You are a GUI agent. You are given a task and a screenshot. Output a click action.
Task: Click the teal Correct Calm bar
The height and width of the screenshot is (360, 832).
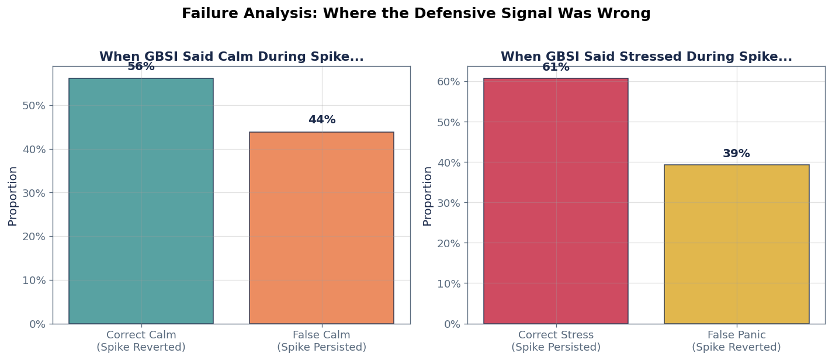(x=141, y=201)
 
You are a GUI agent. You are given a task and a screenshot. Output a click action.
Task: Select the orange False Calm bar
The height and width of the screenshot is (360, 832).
(x=321, y=228)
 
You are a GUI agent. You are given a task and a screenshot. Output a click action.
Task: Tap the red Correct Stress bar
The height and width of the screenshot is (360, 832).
(x=556, y=201)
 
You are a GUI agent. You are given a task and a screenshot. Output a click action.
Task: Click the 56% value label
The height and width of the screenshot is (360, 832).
(x=141, y=67)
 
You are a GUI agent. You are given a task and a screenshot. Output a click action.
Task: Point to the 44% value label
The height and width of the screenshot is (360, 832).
(x=322, y=120)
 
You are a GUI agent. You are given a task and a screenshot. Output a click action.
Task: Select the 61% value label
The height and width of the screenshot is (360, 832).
(x=556, y=67)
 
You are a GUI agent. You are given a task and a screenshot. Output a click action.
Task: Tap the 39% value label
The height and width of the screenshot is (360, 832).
(x=736, y=154)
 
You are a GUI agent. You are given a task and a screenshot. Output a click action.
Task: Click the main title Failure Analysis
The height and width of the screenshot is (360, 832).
(x=416, y=13)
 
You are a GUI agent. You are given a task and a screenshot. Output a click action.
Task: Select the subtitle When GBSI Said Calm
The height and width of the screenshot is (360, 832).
(x=231, y=57)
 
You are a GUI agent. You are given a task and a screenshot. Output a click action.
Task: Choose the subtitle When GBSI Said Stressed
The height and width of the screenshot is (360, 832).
(x=646, y=57)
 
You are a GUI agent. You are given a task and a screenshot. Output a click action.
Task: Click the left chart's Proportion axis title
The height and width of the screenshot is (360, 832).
(x=13, y=196)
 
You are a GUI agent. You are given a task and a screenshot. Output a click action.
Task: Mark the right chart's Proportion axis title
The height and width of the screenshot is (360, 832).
(x=428, y=196)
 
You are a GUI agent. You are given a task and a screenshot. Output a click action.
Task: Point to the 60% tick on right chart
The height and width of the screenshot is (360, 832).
(x=449, y=81)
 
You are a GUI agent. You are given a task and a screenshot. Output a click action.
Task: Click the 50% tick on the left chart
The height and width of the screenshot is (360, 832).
(x=34, y=106)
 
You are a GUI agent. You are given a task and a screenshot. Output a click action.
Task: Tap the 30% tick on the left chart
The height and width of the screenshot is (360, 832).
(x=34, y=193)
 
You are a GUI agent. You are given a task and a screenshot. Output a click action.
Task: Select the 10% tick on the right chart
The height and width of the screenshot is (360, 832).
(x=449, y=283)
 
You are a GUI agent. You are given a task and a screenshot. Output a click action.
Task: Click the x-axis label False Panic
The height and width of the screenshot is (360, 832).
(x=736, y=341)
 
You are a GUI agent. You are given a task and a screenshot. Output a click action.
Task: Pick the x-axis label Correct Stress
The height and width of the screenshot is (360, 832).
(x=556, y=341)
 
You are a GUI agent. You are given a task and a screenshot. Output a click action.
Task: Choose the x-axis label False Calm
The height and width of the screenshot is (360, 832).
(x=321, y=341)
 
